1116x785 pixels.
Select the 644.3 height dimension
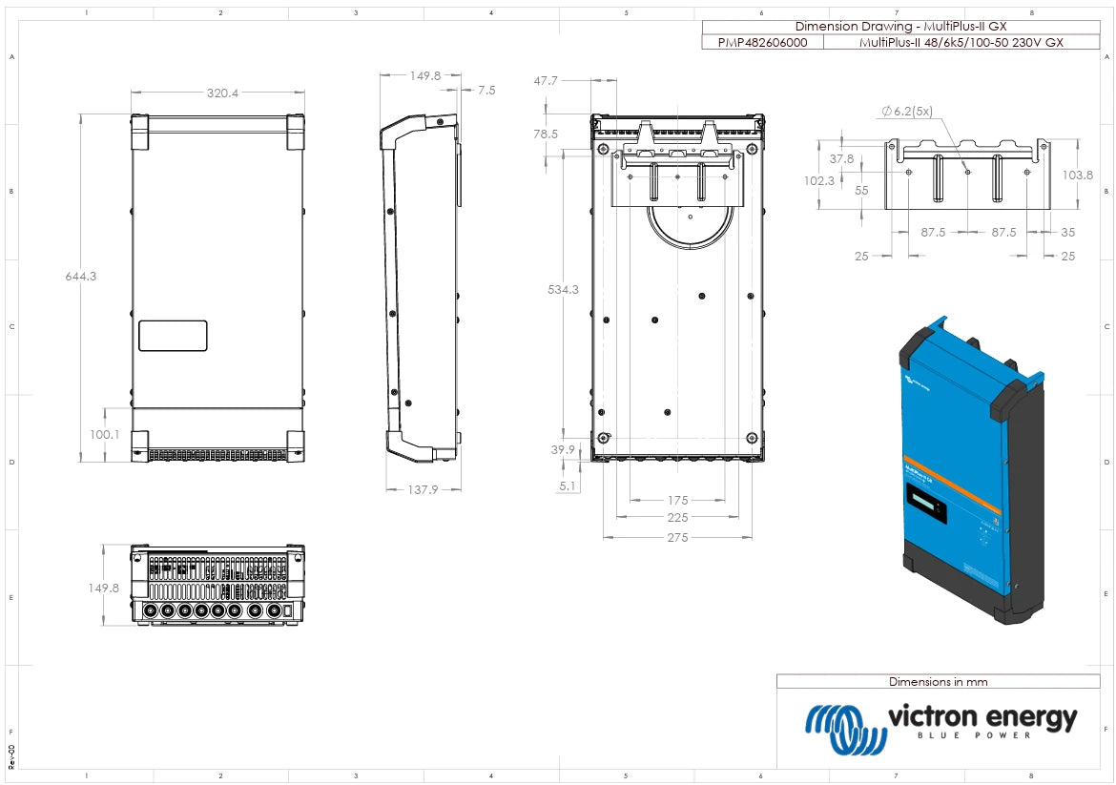click(x=81, y=277)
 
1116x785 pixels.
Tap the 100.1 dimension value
click(x=104, y=435)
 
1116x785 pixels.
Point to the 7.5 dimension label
click(x=486, y=91)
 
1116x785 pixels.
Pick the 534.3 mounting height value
click(x=562, y=289)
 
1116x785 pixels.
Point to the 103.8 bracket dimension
click(x=1076, y=175)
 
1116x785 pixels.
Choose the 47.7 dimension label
click(x=546, y=81)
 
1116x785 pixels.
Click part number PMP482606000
click(x=760, y=42)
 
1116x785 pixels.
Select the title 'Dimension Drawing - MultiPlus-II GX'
click(x=900, y=27)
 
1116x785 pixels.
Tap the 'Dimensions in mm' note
click(x=938, y=682)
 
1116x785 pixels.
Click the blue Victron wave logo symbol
click(x=840, y=729)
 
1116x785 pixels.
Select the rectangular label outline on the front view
click(x=173, y=336)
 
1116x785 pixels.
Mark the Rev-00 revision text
click(x=11, y=757)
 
